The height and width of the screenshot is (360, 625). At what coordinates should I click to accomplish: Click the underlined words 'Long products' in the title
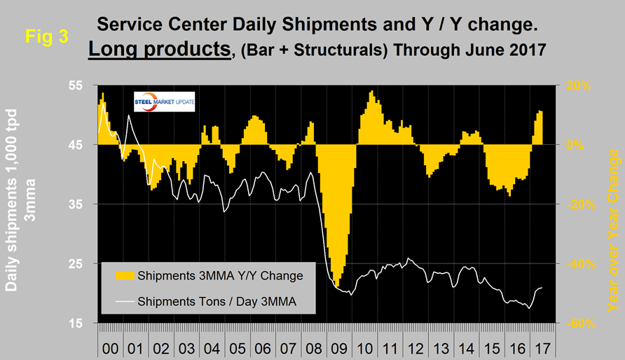pos(159,52)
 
